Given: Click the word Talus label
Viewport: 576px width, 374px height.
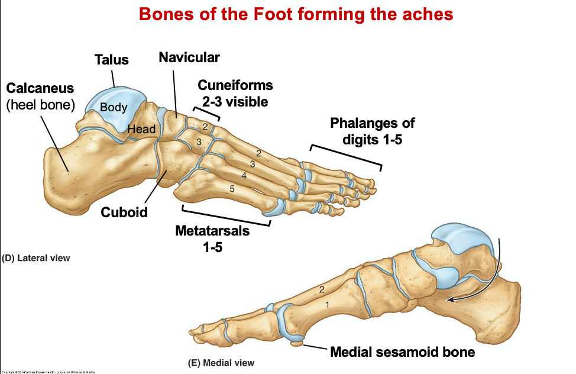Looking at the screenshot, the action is [x=111, y=59].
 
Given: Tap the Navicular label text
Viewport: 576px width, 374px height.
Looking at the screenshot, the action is [x=189, y=57].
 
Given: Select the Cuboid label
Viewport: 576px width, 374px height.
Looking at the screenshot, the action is [x=124, y=212].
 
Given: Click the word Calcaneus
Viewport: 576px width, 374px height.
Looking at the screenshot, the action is [x=40, y=88].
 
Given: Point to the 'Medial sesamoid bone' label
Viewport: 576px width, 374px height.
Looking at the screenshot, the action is [x=402, y=352].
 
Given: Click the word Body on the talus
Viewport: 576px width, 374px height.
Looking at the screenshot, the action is [x=114, y=108].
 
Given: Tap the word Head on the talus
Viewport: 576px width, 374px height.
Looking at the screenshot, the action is [x=142, y=129].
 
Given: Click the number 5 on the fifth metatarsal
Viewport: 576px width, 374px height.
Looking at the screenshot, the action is [x=232, y=189].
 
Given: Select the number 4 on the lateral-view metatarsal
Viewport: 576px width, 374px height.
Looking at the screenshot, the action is [x=244, y=175].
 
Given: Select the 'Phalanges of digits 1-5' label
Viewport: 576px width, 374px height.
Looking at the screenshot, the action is [x=373, y=131].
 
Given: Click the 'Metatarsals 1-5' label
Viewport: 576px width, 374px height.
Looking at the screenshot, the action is [x=212, y=238].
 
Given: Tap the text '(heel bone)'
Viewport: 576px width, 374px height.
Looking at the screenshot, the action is [x=40, y=105].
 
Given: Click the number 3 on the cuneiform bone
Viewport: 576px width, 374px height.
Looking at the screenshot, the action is [x=199, y=142].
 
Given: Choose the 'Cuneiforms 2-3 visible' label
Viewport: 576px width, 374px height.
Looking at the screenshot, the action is [x=235, y=93].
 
